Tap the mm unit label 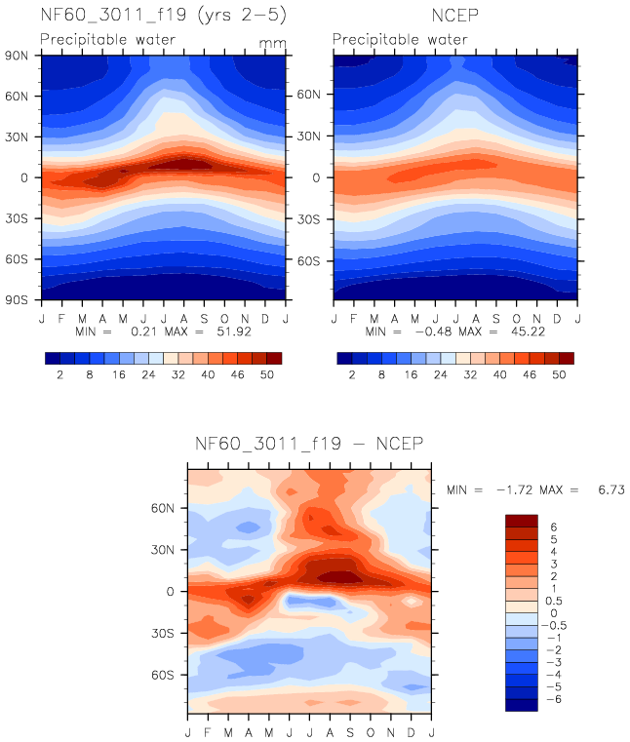(x=270, y=43)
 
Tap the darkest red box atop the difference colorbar (x=522, y=520)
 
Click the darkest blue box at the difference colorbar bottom (x=522, y=705)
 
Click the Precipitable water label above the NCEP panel (x=400, y=40)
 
